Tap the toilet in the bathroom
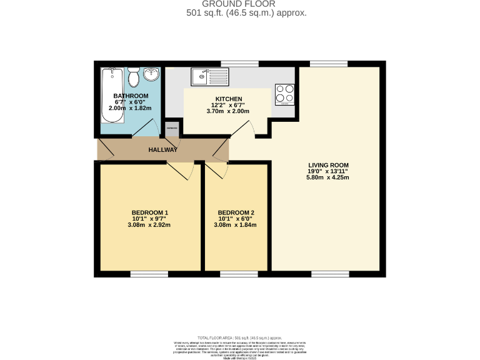(133, 79)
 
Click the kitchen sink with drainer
(211, 77)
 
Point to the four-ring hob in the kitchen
(284, 94)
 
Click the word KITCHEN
(228, 99)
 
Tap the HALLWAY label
(162, 150)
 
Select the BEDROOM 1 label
(149, 212)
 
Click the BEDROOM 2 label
(235, 212)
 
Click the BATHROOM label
(131, 96)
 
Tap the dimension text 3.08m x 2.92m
(149, 225)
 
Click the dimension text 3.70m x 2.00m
(228, 112)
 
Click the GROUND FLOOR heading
(246, 4)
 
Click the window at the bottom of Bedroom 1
(149, 274)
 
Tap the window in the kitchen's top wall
(239, 64)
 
